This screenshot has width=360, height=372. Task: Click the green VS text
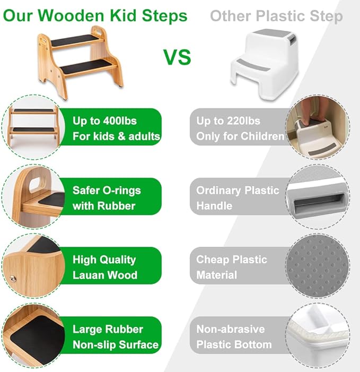[x=177, y=57]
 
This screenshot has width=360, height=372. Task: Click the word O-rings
[x=122, y=191]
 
